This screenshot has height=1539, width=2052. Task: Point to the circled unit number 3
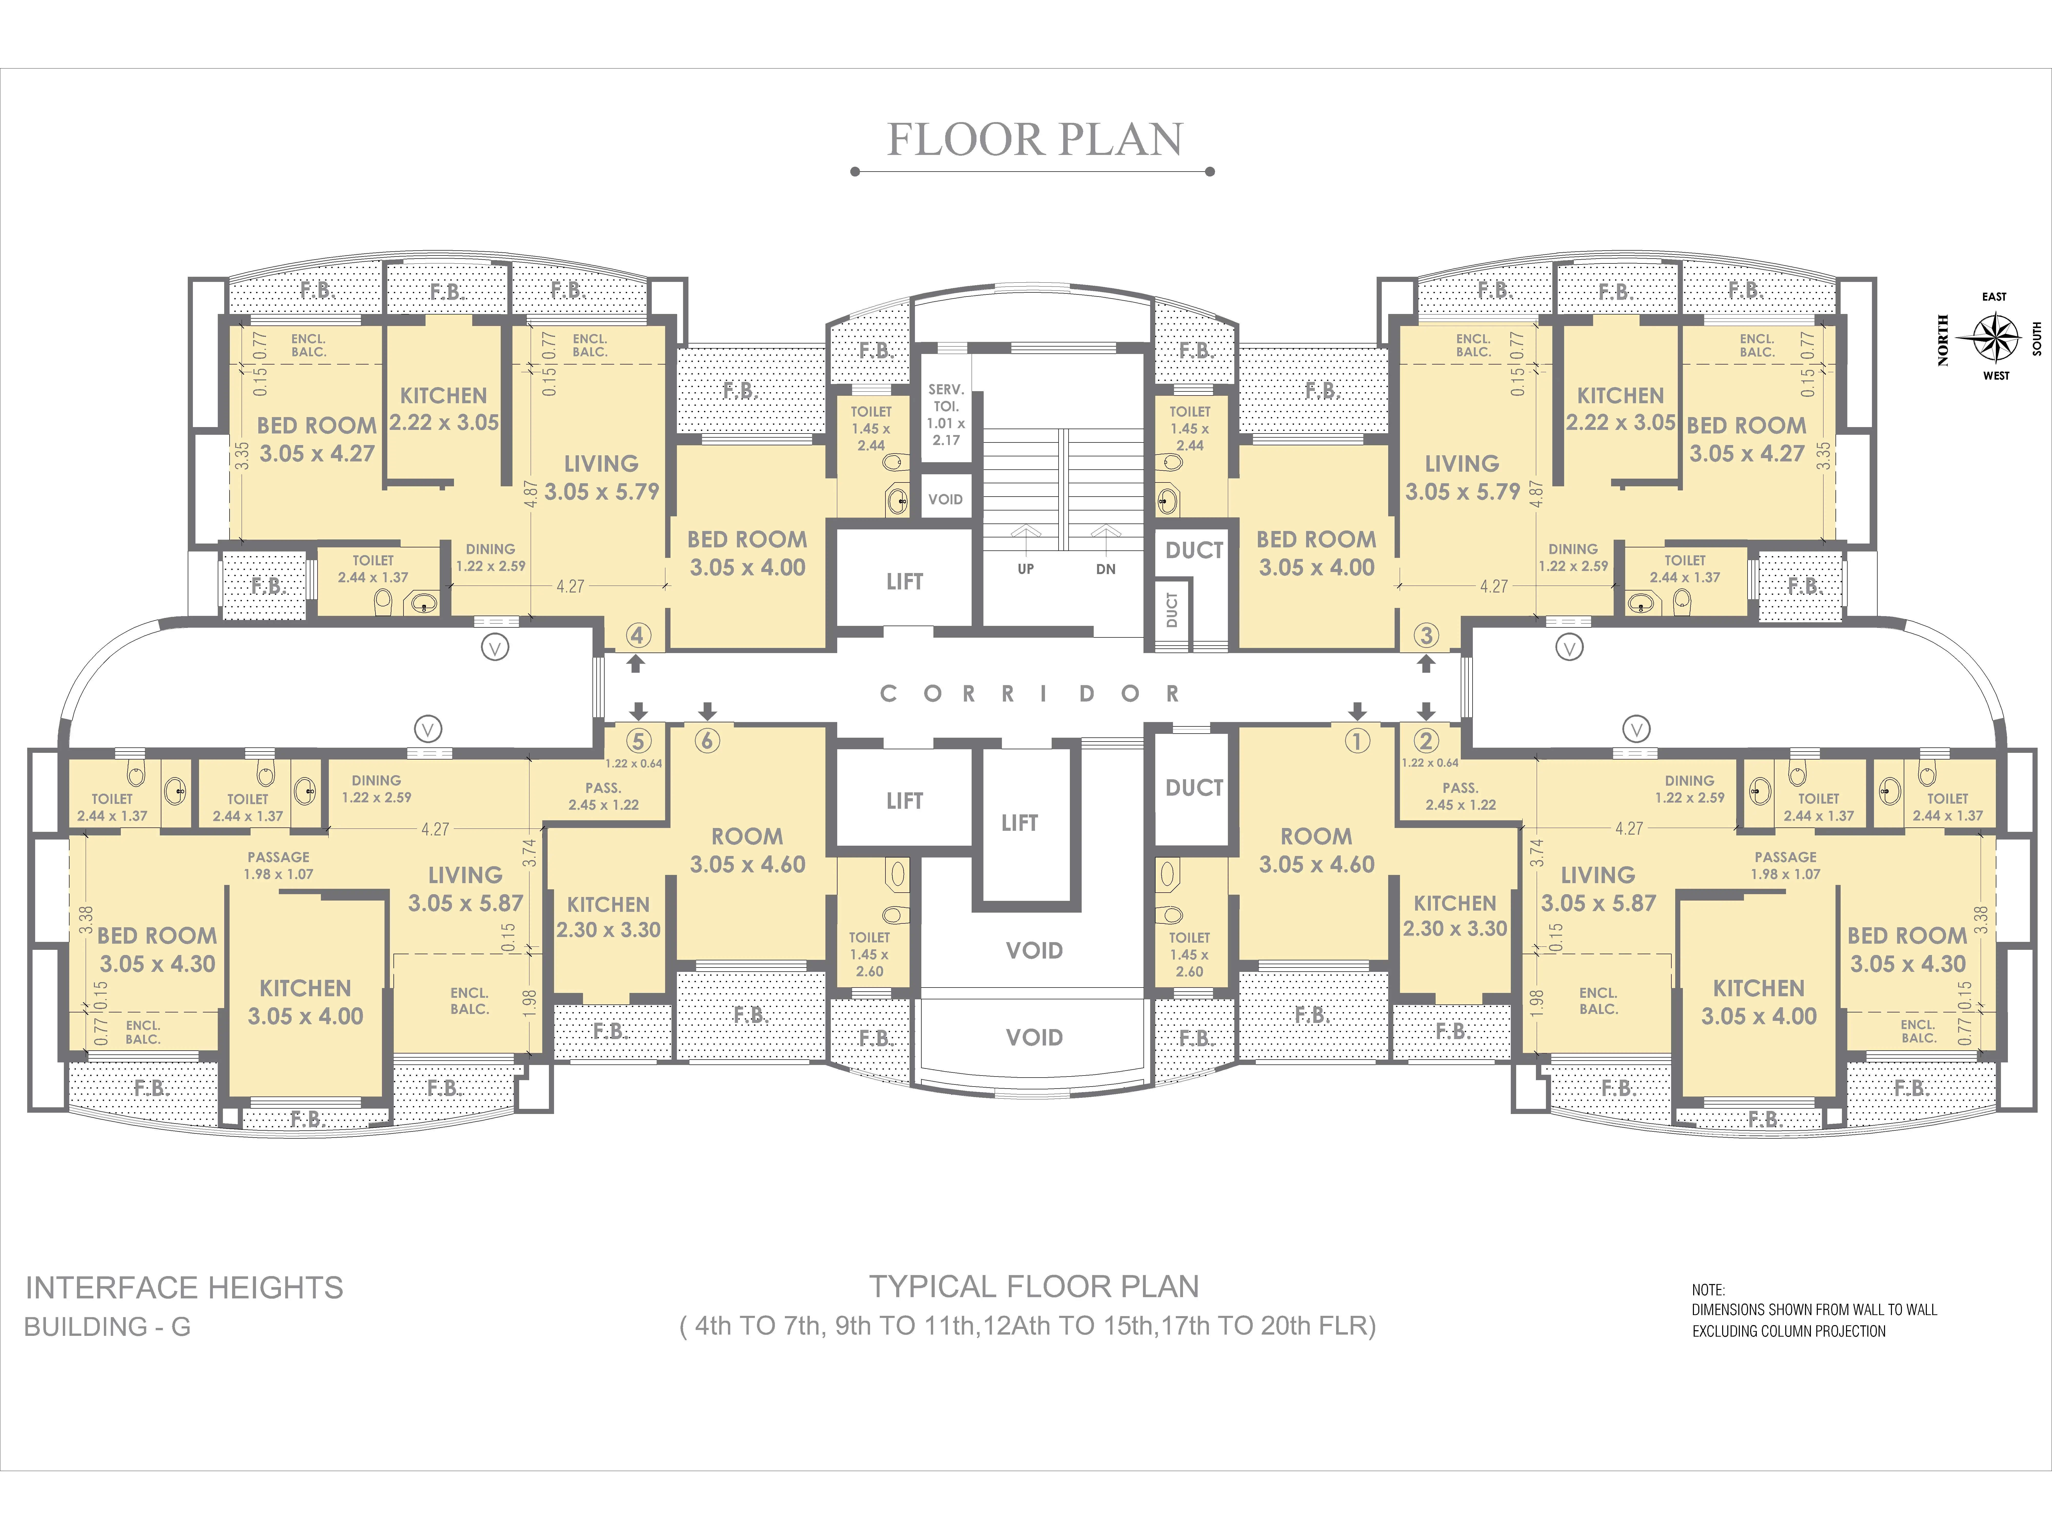click(1426, 635)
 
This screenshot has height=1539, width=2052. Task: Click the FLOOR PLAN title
click(1034, 140)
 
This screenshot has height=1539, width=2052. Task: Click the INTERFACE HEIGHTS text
click(184, 1289)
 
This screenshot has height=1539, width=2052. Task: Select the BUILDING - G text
click(108, 1327)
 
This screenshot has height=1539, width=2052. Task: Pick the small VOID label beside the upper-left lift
click(945, 499)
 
